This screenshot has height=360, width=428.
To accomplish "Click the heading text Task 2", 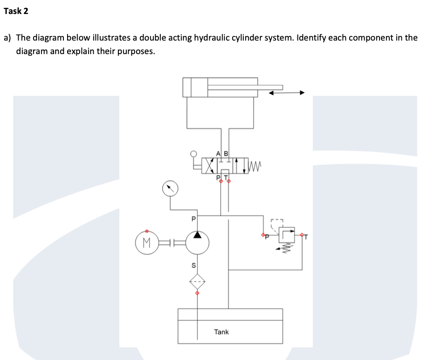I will point(16,12).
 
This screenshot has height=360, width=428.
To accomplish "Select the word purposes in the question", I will point(132,51).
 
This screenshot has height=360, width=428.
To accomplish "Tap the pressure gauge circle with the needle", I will point(170,188).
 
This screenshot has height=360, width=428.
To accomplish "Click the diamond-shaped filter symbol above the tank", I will point(197,281).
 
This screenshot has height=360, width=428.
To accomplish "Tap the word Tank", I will point(221,332).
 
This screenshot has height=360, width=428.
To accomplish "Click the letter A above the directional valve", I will point(218,153).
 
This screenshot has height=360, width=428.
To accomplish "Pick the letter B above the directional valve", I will point(226,153).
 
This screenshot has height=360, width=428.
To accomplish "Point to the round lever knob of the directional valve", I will point(194,153).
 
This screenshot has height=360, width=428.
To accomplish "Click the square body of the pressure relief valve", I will point(287,236).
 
